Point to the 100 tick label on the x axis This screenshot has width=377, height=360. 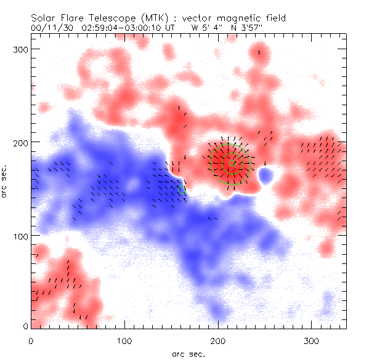pos(124,340)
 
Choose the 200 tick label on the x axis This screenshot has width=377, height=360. pos(218,340)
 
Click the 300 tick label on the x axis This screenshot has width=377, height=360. pos(312,340)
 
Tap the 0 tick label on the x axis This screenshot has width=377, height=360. pos(31,340)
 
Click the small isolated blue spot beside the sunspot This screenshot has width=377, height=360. pos(266,177)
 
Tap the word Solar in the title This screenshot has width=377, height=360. pos(43,18)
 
